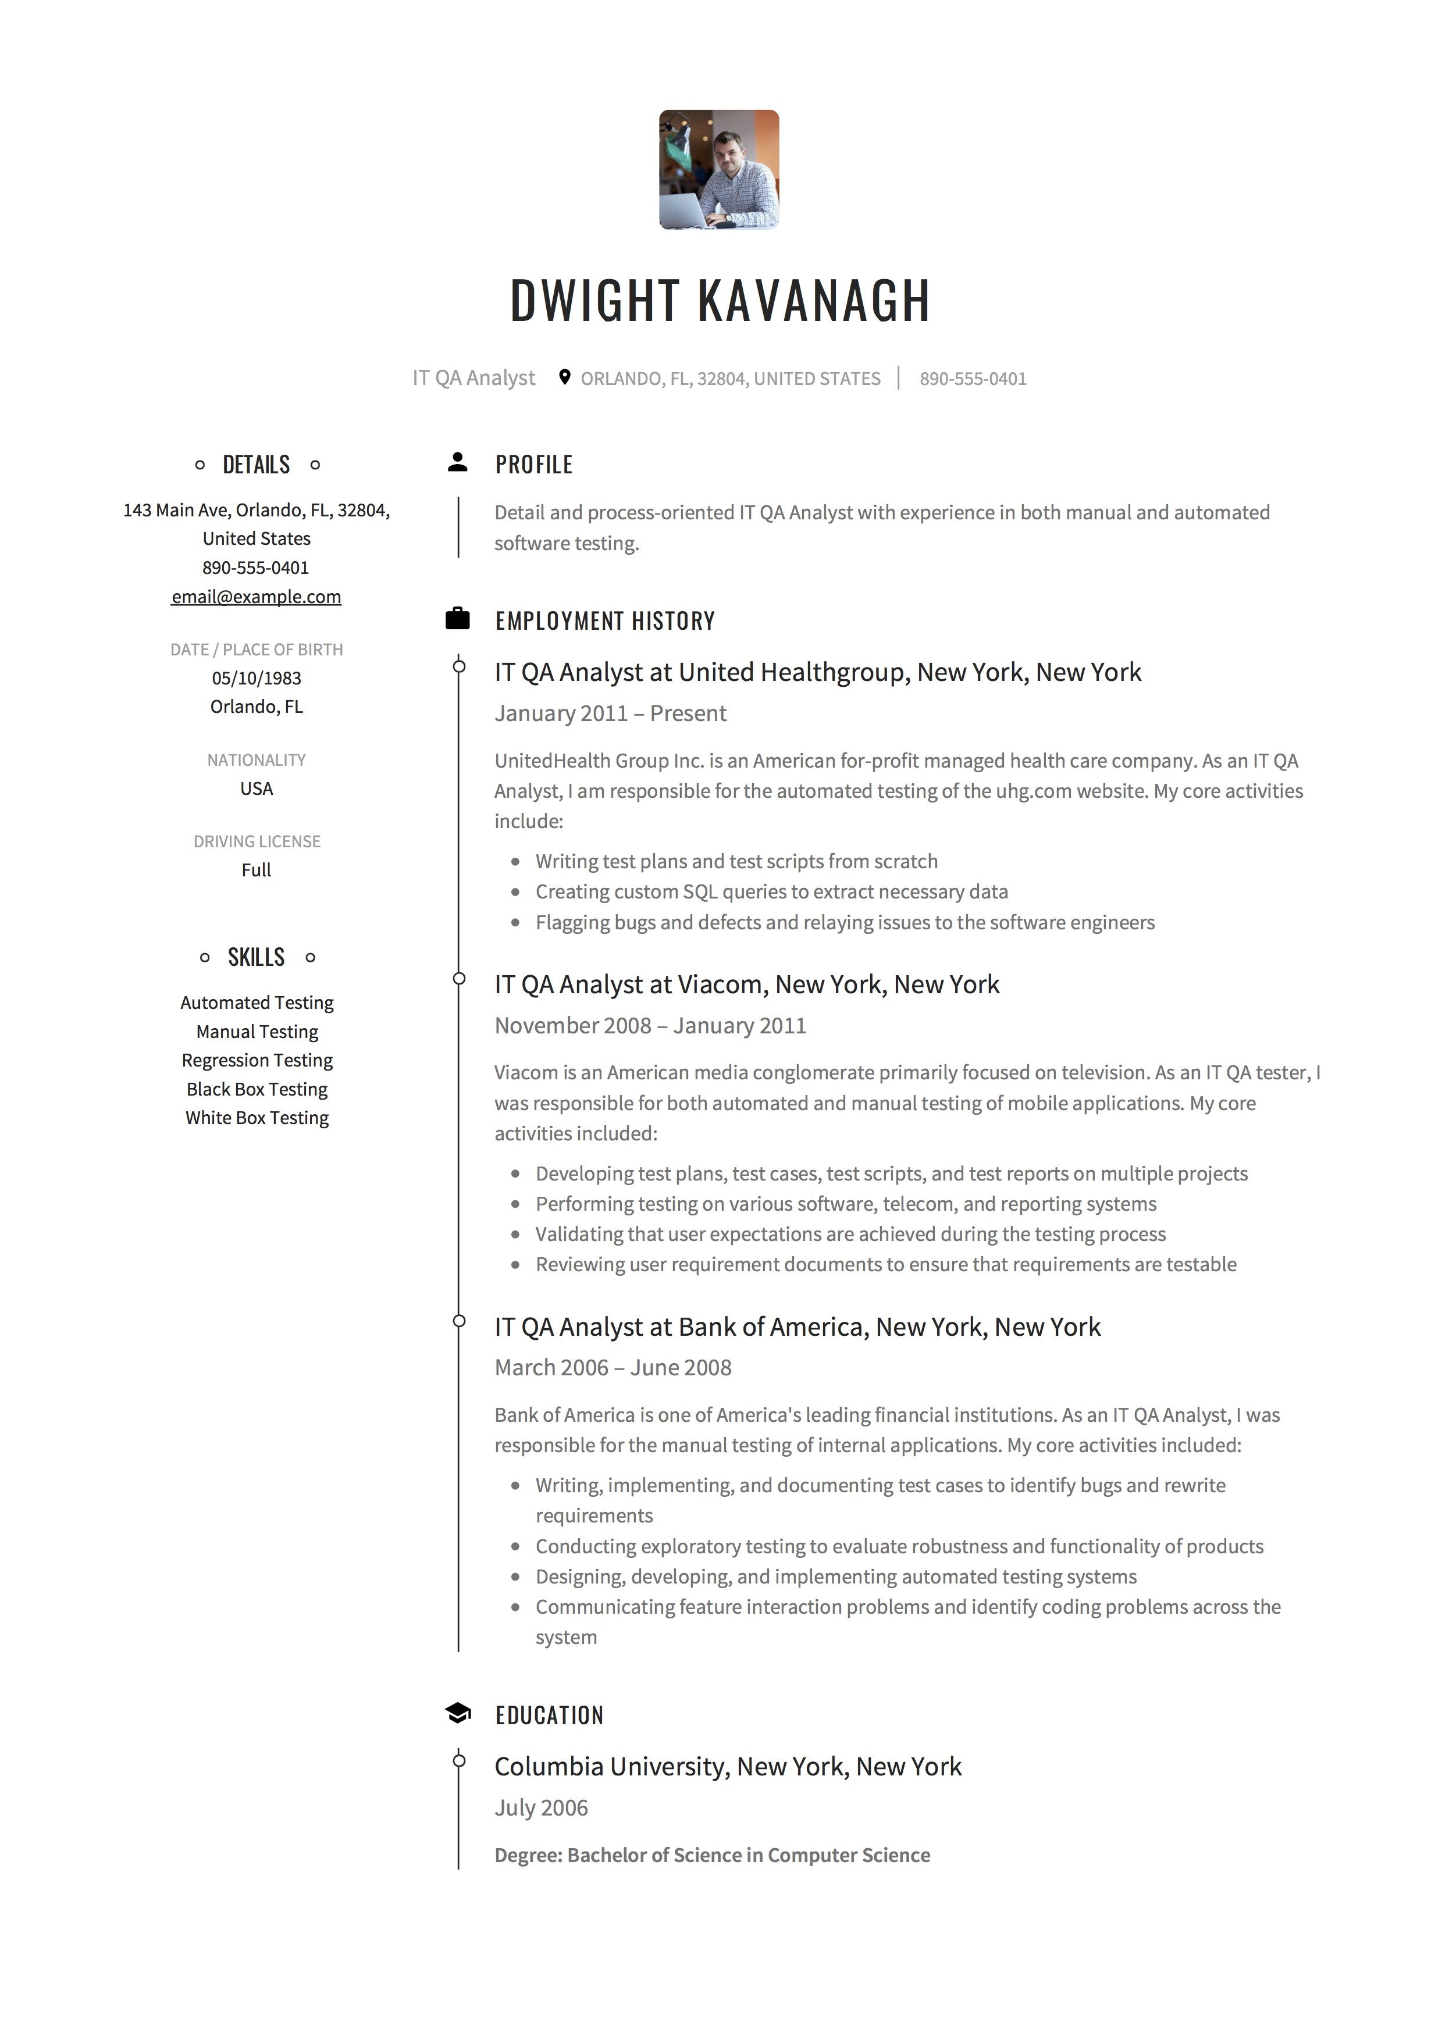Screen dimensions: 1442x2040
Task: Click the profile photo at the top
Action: (719, 170)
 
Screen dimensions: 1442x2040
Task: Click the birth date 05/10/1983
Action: (256, 678)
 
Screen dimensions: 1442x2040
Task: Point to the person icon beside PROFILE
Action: (458, 462)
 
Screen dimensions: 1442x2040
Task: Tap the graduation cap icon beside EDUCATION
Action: (458, 1713)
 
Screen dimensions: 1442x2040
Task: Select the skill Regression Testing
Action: (257, 1060)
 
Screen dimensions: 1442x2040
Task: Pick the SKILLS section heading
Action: (256, 957)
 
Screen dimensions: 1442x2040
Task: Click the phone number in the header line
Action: (973, 379)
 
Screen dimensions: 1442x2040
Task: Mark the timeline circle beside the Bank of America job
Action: (458, 1321)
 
